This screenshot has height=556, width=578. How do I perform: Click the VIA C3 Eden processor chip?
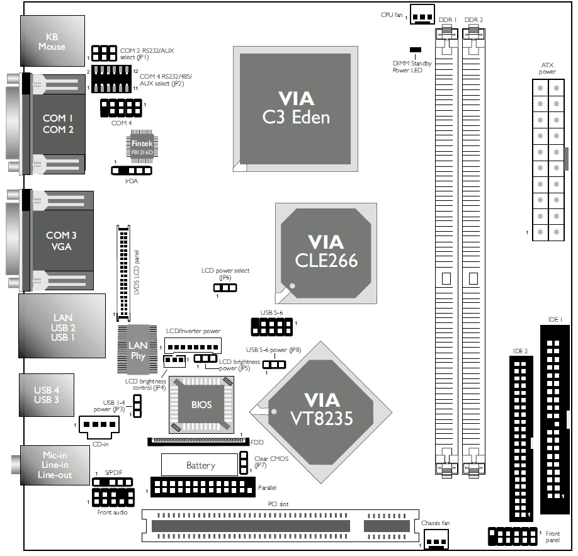tap(295, 108)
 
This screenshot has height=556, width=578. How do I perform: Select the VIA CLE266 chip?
tap(326, 251)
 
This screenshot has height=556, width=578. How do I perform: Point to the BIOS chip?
tap(201, 405)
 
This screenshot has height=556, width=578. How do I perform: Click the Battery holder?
tap(200, 465)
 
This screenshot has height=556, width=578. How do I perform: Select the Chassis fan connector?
tap(436, 539)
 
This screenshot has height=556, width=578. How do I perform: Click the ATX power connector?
tap(547, 159)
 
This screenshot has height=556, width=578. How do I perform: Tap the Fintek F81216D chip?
tap(142, 147)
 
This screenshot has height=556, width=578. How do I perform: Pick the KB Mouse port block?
tap(52, 42)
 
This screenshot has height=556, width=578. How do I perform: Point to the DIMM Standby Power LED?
tap(415, 49)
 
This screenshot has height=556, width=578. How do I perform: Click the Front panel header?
tap(512, 536)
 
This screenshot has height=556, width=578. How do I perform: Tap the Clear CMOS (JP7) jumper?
tap(244, 463)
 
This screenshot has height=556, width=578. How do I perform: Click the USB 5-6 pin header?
tap(272, 327)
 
